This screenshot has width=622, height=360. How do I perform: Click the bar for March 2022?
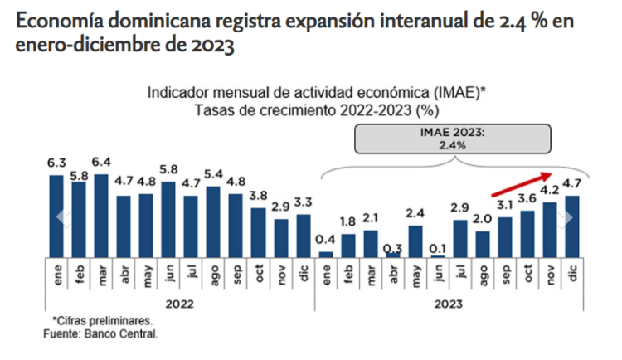pyautogui.click(x=101, y=216)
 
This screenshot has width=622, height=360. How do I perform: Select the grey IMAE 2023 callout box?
pyautogui.click(x=452, y=138)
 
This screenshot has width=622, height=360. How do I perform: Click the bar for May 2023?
pyautogui.click(x=415, y=241)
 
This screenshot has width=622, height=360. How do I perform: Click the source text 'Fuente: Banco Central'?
pyautogui.click(x=100, y=333)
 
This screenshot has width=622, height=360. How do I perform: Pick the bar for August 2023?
pyautogui.click(x=483, y=244)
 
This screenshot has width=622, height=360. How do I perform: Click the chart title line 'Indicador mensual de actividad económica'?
pyautogui.click(x=315, y=93)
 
